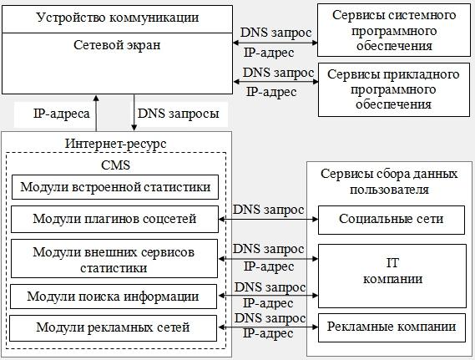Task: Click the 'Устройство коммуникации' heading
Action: pyautogui.click(x=118, y=18)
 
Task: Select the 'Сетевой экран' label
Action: pyautogui.click(x=117, y=45)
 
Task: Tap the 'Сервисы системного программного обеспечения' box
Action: pyautogui.click(x=394, y=30)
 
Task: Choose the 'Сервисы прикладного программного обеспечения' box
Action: pyautogui.click(x=394, y=89)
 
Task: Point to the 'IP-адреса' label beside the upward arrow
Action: pyautogui.click(x=62, y=114)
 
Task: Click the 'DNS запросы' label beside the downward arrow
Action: pyautogui.click(x=179, y=114)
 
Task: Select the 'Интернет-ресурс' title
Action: pyautogui.click(x=116, y=144)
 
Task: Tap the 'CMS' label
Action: pyautogui.click(x=116, y=165)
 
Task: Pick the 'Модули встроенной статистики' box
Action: pyautogui.click(x=115, y=187)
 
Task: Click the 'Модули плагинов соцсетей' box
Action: pyautogui.click(x=114, y=219)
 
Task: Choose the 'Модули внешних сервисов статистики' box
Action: pyautogui.click(x=114, y=258)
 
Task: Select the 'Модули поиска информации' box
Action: pyautogui.click(x=114, y=297)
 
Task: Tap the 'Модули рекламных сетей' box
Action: pyautogui.click(x=113, y=328)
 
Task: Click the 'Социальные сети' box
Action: pyautogui.click(x=392, y=220)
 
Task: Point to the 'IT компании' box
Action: pyautogui.click(x=392, y=276)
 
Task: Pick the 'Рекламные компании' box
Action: pyautogui.click(x=392, y=327)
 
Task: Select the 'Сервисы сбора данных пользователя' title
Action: pyautogui.click(x=389, y=181)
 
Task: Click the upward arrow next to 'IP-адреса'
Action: pyautogui.click(x=96, y=113)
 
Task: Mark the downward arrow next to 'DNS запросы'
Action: pyautogui.click(x=134, y=113)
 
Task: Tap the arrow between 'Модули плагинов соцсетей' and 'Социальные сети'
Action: pyautogui.click(x=269, y=219)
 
